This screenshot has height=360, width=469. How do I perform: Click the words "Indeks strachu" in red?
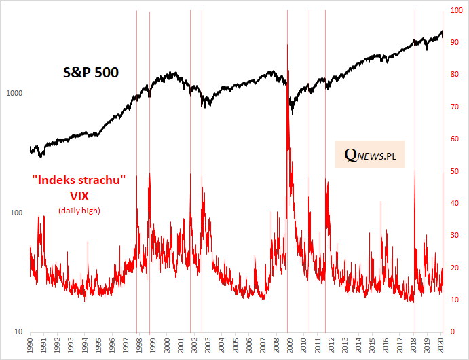click(79, 182)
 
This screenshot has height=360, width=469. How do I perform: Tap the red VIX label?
click(79, 196)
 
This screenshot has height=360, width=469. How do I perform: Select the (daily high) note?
click(79, 211)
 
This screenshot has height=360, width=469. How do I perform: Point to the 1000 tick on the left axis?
click(15, 94)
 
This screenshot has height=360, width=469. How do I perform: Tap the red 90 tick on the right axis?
click(453, 43)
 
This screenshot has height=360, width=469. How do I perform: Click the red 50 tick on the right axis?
click(453, 171)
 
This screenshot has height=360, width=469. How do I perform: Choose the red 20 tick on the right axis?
click(453, 268)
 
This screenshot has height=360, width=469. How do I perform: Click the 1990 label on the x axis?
click(31, 345)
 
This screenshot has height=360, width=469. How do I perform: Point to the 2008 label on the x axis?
click(276, 345)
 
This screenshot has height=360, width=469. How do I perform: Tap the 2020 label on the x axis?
click(440, 345)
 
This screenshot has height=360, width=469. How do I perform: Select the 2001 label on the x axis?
click(181, 345)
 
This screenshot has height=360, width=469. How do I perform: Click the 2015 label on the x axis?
click(372, 345)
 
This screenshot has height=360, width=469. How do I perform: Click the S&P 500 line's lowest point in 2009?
click(292, 113)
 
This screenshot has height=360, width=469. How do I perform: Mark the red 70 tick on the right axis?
click(453, 107)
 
